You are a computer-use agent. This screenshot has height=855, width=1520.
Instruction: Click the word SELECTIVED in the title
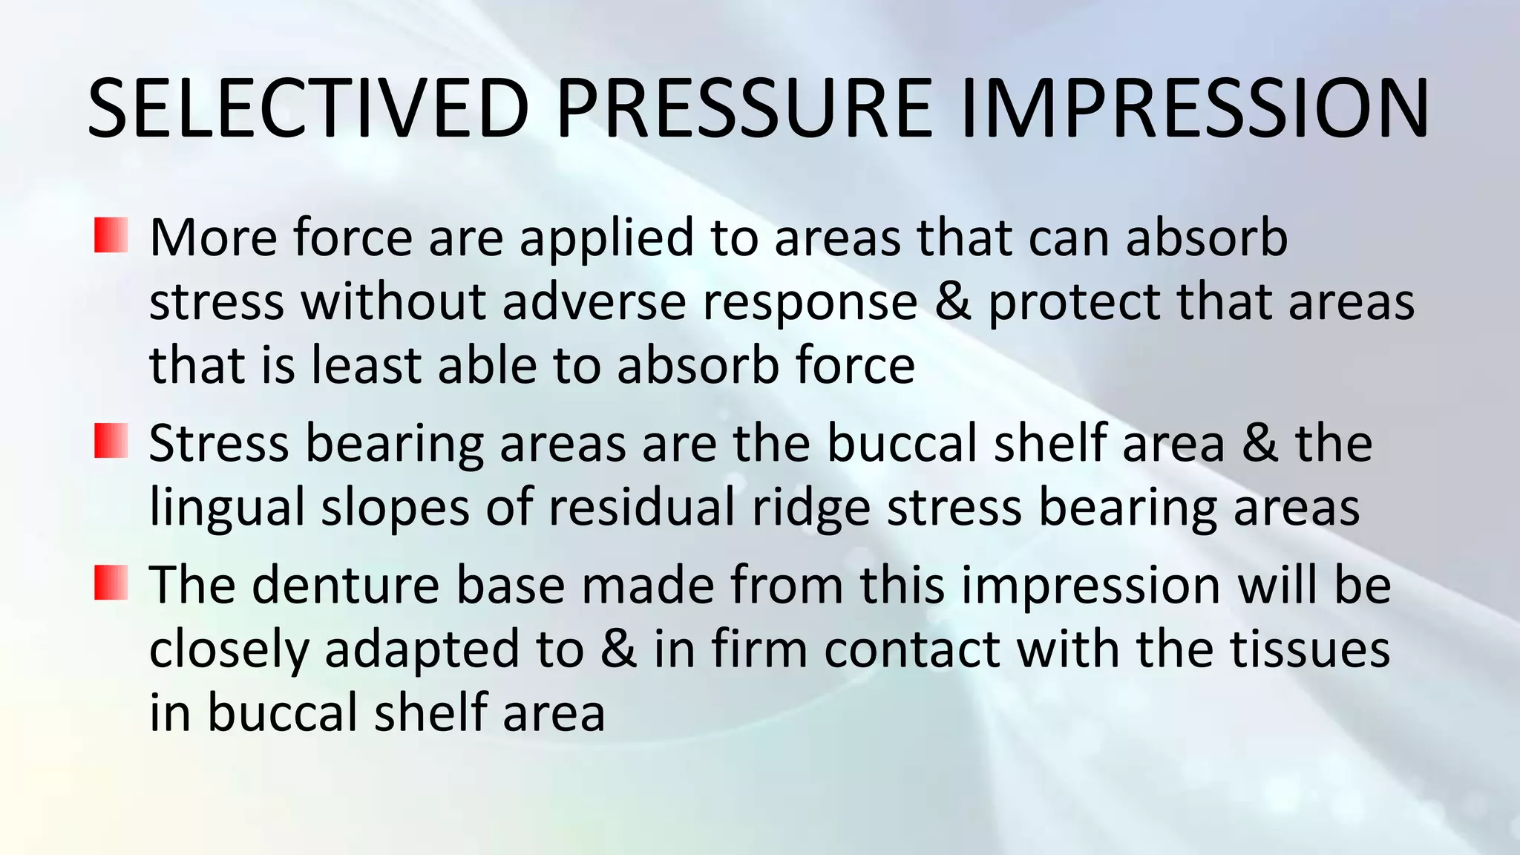click(308, 108)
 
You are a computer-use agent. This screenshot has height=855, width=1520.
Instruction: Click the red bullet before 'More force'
click(111, 235)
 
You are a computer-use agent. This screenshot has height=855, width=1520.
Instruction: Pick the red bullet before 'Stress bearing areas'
click(111, 440)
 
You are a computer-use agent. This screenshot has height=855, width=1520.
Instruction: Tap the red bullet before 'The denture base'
click(111, 583)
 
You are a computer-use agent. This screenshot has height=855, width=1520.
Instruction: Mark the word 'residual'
click(641, 506)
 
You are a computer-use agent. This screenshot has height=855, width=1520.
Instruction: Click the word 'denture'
click(346, 585)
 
